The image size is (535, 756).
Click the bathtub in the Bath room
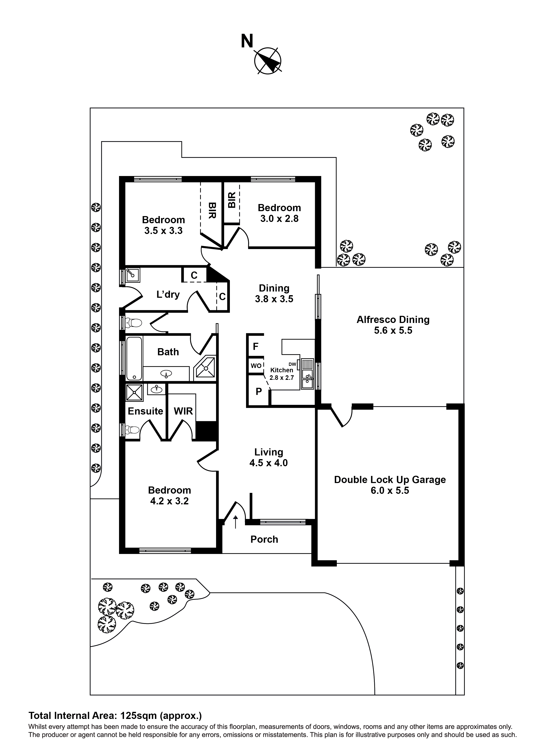pyautogui.click(x=134, y=358)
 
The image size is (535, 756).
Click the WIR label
pyautogui.click(x=183, y=411)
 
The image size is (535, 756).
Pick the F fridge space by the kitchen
pyautogui.click(x=256, y=346)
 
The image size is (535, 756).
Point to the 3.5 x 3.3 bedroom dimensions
pyautogui.click(x=163, y=231)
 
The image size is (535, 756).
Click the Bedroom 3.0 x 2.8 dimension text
pyautogui.click(x=279, y=219)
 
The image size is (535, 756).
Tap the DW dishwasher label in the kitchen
pyautogui.click(x=292, y=364)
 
